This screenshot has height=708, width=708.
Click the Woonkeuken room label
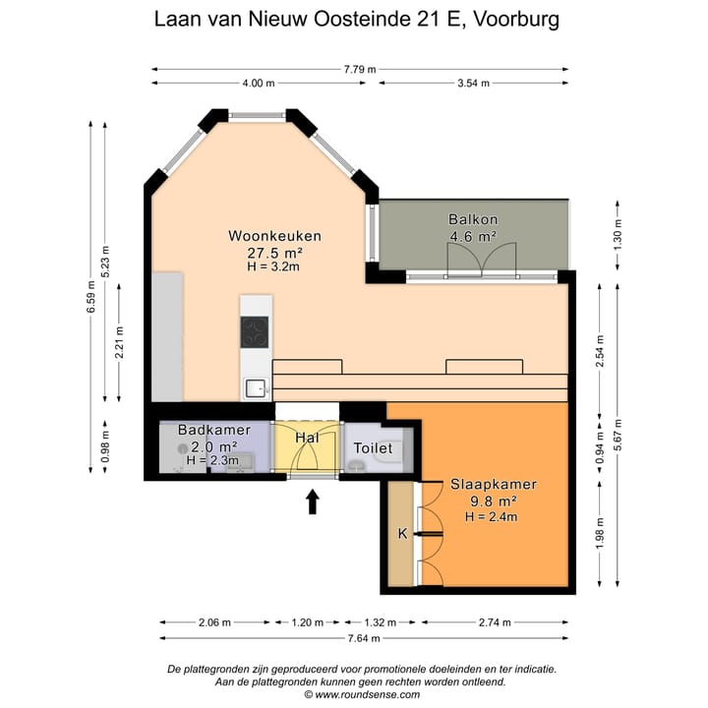[274, 236]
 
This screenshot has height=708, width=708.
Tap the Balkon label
[472, 218]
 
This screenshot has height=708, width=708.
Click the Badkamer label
[213, 431]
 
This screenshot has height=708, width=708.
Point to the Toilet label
[373, 448]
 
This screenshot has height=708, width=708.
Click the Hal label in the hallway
[307, 436]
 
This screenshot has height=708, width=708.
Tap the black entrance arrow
[313, 502]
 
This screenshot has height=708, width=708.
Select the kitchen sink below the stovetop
[255, 387]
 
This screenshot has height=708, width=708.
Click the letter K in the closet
[401, 534]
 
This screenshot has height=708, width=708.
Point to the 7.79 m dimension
[360, 70]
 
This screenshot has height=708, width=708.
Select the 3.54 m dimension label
[473, 84]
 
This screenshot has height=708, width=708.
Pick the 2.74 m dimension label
[496, 622]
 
